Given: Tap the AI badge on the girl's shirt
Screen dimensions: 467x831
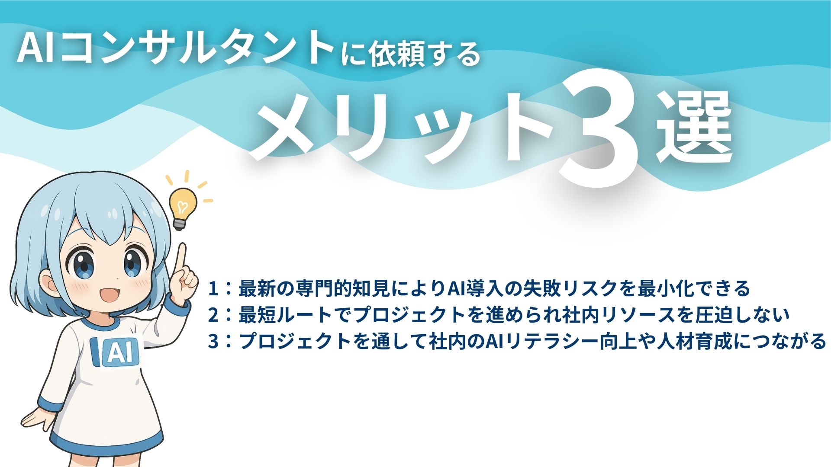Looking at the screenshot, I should (116, 352).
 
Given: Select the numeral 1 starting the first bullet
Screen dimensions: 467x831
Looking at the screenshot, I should (213, 289).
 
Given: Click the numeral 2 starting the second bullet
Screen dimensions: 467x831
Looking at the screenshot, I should (213, 315).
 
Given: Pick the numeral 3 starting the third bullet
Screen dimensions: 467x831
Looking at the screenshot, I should (213, 342).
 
